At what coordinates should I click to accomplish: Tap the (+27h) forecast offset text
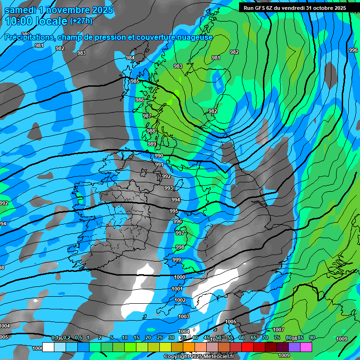81,21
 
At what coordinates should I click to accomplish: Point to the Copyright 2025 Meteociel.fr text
199,357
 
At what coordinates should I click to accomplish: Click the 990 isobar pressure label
159,156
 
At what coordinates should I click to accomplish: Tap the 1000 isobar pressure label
180,277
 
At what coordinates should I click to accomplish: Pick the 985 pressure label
135,81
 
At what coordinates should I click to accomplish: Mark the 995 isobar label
174,211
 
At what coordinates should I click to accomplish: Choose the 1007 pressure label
278,330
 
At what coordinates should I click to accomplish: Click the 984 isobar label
130,58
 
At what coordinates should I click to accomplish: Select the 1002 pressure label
180,300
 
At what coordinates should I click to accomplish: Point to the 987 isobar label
147,116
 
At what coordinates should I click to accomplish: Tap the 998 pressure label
180,247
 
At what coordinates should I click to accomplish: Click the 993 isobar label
169,188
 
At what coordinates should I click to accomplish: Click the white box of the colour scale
48,347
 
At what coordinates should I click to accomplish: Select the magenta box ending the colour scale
306,347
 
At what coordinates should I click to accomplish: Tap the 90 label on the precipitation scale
312,337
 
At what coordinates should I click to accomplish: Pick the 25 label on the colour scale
160,337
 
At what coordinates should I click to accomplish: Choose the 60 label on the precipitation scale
242,337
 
